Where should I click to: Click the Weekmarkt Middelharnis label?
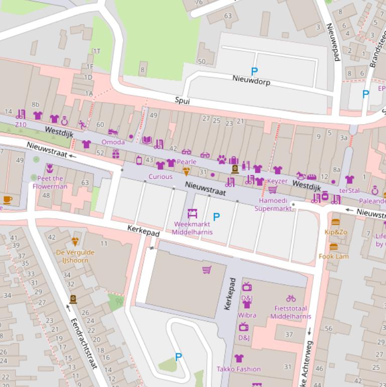point(192,228)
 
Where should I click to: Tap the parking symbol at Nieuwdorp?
point(254,72)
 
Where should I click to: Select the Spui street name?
point(182,101)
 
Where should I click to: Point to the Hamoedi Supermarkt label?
point(273,204)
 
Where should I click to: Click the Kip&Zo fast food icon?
point(336,222)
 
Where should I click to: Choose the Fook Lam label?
point(333,256)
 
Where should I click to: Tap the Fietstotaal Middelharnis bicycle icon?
point(291,299)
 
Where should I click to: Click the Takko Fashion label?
point(238,369)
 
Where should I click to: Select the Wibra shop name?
point(246,315)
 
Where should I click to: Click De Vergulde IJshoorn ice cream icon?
point(75,242)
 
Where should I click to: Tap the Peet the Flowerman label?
point(50,182)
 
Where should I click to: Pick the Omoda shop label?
point(113,142)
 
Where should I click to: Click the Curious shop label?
point(160,176)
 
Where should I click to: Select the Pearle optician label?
point(186,162)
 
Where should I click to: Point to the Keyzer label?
point(277,181)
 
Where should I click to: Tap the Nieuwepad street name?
point(333,42)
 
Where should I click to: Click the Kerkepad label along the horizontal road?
point(144,232)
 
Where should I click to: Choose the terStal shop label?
point(349,190)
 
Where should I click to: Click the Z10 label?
point(21,125)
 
